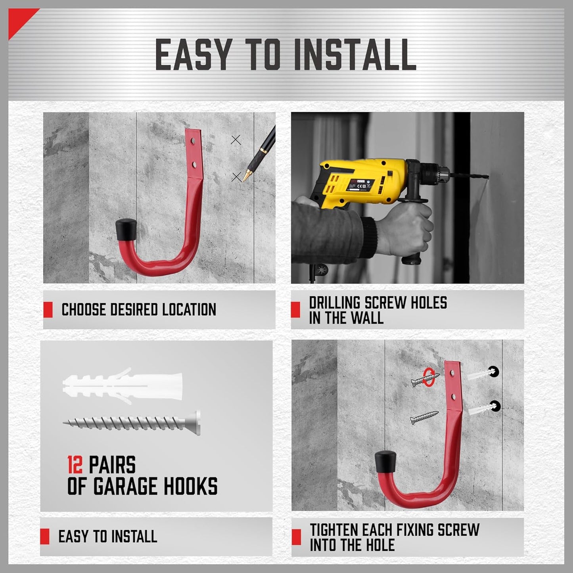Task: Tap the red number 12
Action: pos(75,465)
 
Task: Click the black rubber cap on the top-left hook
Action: pos(125,230)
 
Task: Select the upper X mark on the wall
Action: pos(236,140)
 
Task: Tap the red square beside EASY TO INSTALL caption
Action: pos(45,537)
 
